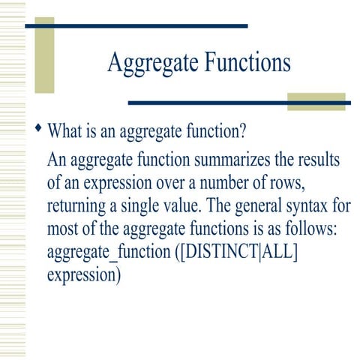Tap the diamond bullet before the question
pos(39,130)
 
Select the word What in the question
pos(64,133)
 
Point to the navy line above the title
pos(136,25)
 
